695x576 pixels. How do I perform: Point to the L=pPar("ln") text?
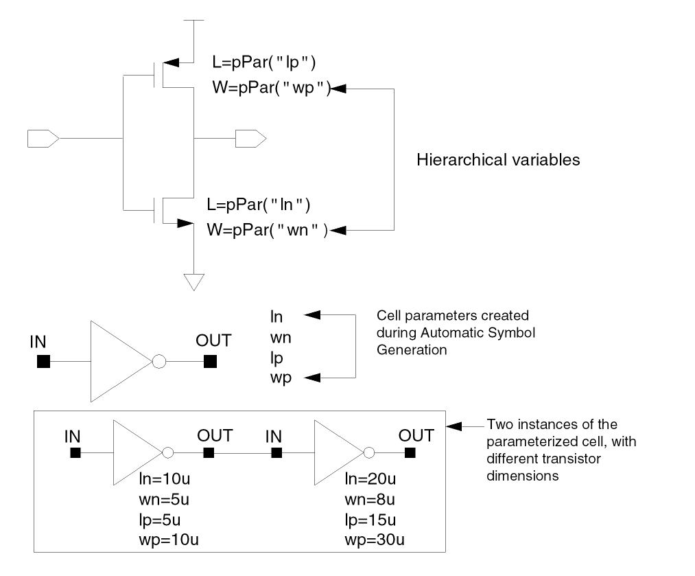click(x=259, y=205)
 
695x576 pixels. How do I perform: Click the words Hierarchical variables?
click(x=499, y=160)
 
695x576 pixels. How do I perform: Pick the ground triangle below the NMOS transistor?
click(x=194, y=282)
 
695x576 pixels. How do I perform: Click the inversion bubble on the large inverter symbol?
click(x=158, y=361)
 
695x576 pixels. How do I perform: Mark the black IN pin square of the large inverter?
click(x=43, y=361)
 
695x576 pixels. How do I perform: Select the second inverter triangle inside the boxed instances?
click(x=336, y=452)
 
